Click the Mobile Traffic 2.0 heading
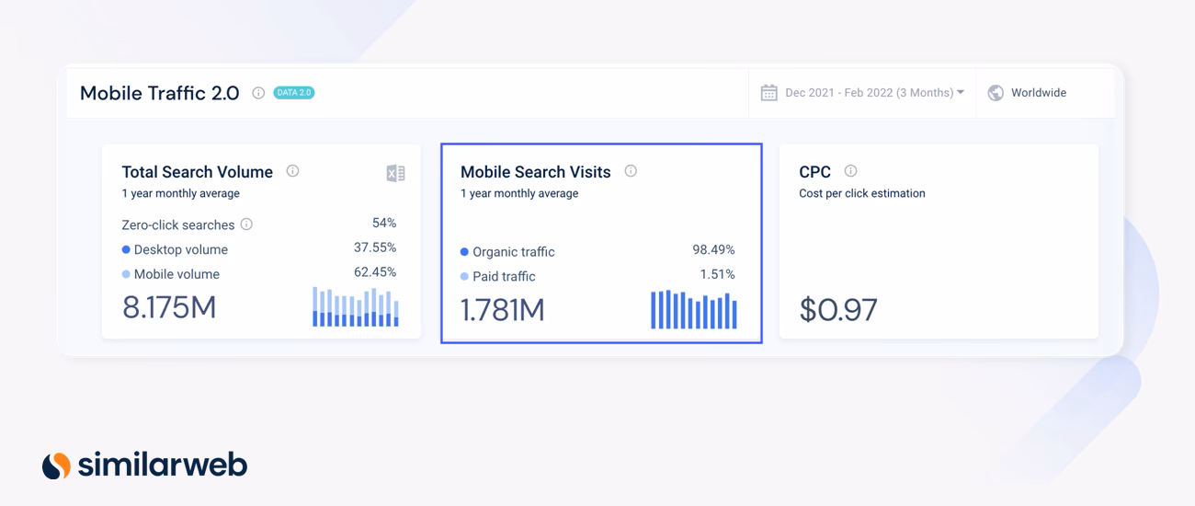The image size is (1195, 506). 159,93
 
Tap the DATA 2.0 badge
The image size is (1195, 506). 294,93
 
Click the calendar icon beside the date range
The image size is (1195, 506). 768,93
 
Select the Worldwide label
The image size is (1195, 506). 1038,93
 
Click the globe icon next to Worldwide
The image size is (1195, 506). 996,93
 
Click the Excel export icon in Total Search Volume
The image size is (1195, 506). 395,173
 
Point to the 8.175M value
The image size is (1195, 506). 169,307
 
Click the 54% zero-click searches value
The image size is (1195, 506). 384,223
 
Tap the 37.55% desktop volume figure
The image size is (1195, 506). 375,247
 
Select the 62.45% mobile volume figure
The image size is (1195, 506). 375,272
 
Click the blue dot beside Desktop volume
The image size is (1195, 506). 126,249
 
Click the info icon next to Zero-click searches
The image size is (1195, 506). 246,224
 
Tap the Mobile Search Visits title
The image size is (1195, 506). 535,172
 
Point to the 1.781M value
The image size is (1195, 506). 502,310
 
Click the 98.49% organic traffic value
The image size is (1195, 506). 713,250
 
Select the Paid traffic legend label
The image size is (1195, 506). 504,276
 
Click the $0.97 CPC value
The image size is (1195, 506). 837,310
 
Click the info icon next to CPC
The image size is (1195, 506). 850,171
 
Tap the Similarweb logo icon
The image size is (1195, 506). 56,466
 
